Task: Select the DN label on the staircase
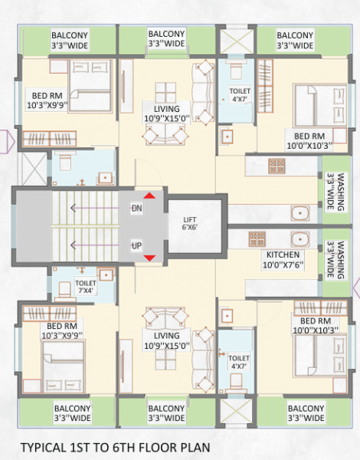136,208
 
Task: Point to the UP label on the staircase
136,245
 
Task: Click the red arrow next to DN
150,196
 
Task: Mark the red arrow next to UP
150,257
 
